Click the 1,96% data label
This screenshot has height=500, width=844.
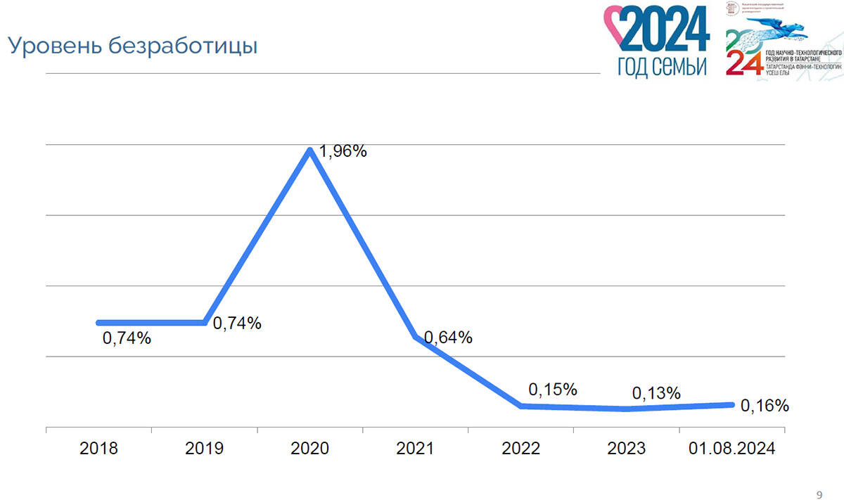(x=343, y=151)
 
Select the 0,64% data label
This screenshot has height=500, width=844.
(x=448, y=338)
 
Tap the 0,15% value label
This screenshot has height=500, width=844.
(x=553, y=389)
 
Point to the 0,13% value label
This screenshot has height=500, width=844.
(x=656, y=393)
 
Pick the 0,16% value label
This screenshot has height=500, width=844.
(x=765, y=406)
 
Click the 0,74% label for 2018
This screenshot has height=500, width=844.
(x=127, y=338)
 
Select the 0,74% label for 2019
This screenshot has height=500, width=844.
(x=237, y=323)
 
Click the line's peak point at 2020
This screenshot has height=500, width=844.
(x=310, y=150)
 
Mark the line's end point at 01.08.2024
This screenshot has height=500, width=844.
(x=731, y=404)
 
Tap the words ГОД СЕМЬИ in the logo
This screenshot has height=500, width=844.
(x=661, y=67)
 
